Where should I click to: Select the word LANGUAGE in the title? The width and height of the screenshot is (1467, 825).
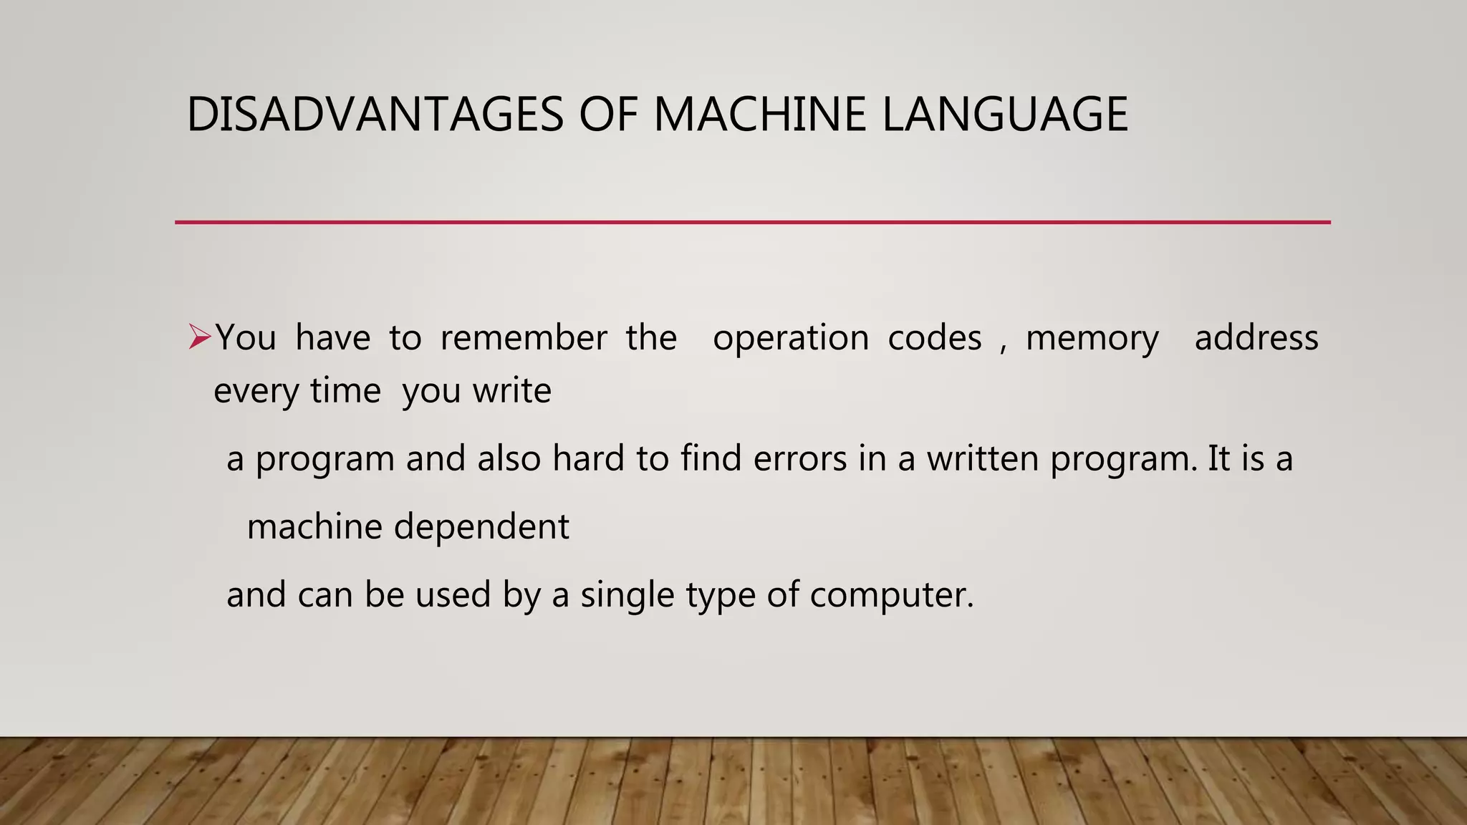(x=1005, y=115)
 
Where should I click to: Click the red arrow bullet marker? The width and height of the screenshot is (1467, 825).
(x=199, y=337)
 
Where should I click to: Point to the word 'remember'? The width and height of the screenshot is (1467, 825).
(x=524, y=337)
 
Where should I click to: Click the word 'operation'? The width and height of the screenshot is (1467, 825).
(x=791, y=337)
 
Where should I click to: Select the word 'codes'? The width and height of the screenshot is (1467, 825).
(x=935, y=337)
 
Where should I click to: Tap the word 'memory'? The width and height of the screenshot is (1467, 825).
(x=1092, y=339)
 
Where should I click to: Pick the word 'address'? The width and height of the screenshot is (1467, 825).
(x=1256, y=337)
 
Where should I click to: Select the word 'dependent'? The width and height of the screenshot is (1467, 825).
(x=481, y=527)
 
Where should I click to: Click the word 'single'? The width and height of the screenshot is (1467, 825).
(x=627, y=595)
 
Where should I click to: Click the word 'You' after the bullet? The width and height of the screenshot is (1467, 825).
(x=246, y=337)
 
